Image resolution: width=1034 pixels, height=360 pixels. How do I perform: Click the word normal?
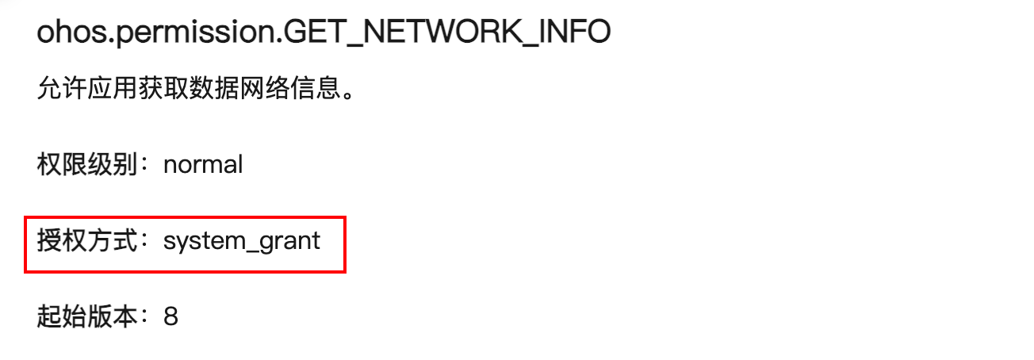[203, 165]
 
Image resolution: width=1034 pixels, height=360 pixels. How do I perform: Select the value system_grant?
[242, 241]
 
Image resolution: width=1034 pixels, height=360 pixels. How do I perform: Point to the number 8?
[170, 317]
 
